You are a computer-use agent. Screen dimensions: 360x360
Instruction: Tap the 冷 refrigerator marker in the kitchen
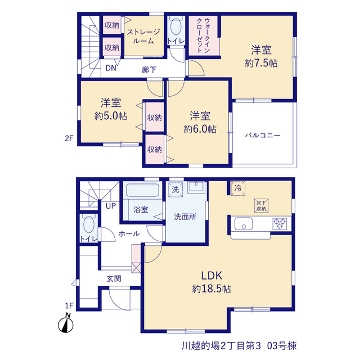click(238, 188)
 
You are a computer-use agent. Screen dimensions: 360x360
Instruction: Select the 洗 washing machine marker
click(175, 190)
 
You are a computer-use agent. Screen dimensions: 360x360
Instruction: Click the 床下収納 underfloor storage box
click(261, 206)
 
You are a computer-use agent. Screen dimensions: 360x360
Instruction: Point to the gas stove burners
click(280, 224)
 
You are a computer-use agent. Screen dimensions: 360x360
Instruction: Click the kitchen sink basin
click(244, 224)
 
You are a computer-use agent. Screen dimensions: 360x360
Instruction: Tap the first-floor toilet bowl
click(89, 225)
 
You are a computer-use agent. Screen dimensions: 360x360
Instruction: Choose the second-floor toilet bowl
click(176, 27)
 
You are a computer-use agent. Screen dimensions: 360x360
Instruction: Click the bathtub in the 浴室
click(142, 190)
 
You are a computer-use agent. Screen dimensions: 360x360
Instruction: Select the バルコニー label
click(263, 136)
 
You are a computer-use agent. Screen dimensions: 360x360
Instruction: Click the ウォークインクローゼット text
click(204, 36)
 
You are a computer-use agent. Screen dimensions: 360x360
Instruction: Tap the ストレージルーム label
click(143, 36)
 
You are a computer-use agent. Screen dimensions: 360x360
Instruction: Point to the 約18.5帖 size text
click(211, 289)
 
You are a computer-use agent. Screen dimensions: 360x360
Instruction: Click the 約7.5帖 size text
click(261, 63)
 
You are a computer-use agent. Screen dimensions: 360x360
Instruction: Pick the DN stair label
click(111, 68)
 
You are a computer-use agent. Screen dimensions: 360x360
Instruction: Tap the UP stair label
click(111, 206)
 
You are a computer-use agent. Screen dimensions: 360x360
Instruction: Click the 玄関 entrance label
click(114, 279)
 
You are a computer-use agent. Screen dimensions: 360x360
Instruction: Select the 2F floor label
click(69, 138)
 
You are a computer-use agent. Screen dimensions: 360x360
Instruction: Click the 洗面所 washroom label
click(185, 217)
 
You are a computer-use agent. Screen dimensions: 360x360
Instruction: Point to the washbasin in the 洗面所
click(196, 187)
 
